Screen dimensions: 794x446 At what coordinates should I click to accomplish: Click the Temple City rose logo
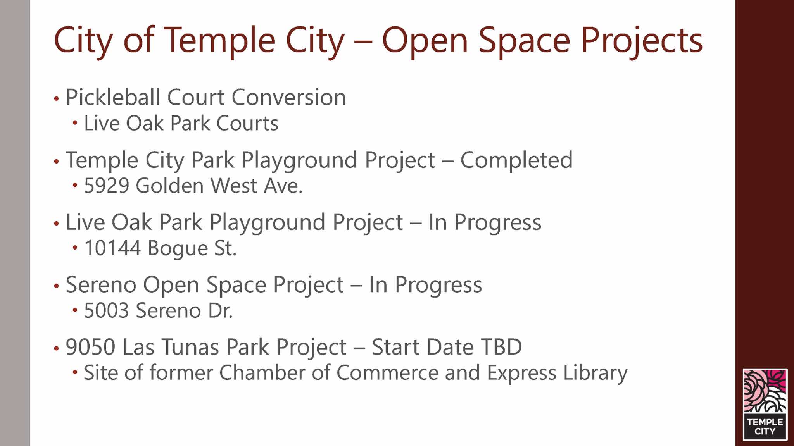click(x=765, y=404)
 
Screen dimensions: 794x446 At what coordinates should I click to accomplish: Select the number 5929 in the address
click(x=107, y=186)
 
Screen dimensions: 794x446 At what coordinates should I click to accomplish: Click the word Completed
click(x=516, y=160)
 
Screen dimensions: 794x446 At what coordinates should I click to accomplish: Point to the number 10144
click(x=112, y=248)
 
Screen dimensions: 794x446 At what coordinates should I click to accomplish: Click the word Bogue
click(x=178, y=249)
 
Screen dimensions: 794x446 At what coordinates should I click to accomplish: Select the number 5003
click(x=106, y=310)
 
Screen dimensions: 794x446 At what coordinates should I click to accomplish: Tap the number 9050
click(x=91, y=347)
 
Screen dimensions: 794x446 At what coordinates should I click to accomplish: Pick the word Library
click(x=595, y=374)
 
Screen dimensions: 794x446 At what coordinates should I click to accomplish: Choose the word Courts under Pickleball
click(x=247, y=124)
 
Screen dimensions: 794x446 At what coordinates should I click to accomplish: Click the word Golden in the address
click(x=169, y=186)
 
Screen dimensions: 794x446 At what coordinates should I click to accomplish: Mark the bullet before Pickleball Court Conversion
click(x=57, y=98)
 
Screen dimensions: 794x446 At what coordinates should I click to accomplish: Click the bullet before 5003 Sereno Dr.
click(x=75, y=310)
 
